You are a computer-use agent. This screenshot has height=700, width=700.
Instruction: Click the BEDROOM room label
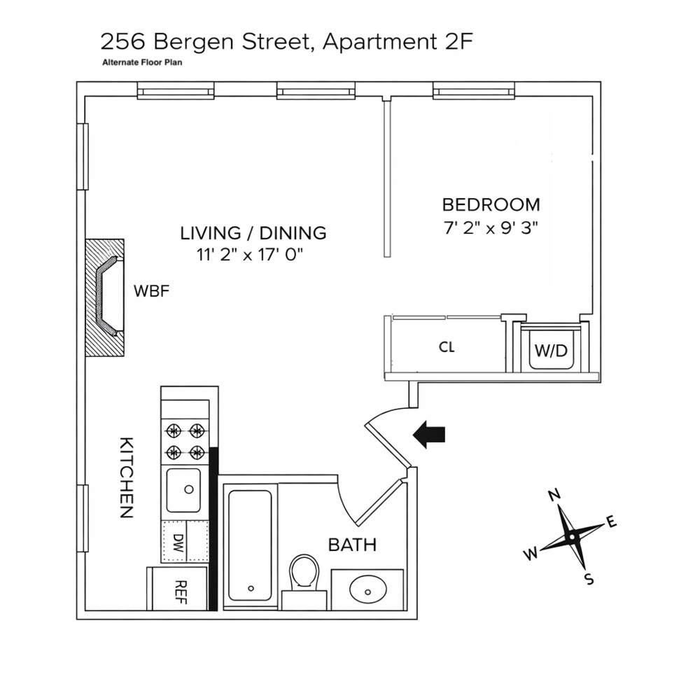(x=491, y=205)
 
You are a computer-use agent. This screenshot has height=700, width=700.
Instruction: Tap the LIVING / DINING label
(x=253, y=233)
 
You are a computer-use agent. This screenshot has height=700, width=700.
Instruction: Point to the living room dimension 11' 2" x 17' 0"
(x=251, y=255)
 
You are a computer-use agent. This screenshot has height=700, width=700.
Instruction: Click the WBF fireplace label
(x=152, y=290)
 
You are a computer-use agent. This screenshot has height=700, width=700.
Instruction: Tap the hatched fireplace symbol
(x=104, y=297)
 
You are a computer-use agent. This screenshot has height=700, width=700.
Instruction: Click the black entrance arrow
(x=429, y=434)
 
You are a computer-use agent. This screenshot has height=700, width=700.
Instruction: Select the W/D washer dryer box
(x=551, y=350)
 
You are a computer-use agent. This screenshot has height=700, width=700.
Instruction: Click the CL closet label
(x=447, y=347)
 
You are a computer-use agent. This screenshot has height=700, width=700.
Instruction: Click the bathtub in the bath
(x=250, y=544)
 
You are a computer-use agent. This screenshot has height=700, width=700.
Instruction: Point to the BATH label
(x=352, y=545)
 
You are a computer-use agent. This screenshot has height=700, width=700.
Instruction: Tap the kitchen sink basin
(x=183, y=490)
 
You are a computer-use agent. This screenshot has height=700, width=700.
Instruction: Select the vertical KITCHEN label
(x=126, y=477)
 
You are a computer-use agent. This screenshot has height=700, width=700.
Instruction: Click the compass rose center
(x=572, y=537)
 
